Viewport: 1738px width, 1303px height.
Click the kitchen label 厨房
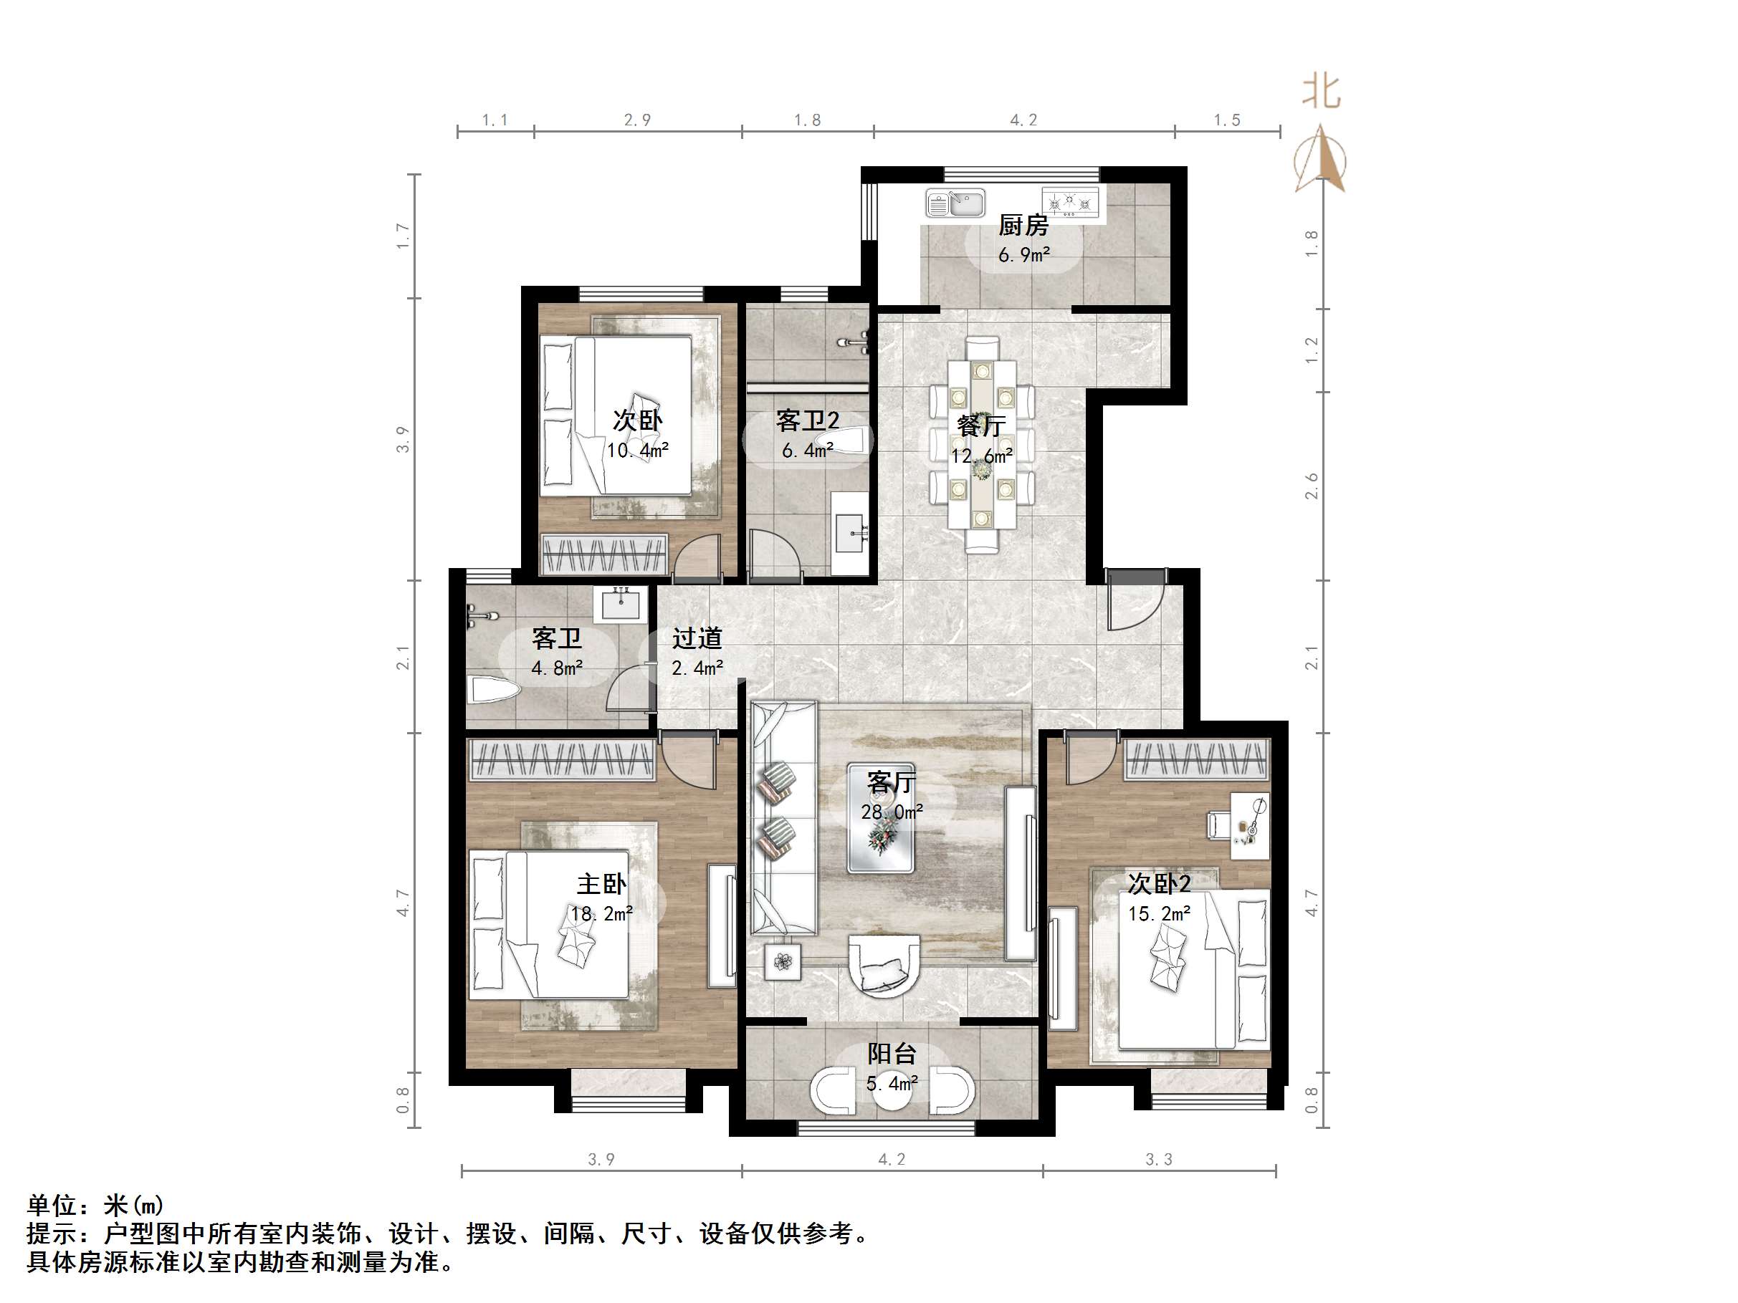(1023, 226)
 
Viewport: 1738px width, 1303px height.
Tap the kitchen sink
(955, 203)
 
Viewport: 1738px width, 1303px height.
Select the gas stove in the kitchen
(1069, 202)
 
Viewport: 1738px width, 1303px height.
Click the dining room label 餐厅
(981, 426)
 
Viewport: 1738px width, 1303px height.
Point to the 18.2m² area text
(602, 914)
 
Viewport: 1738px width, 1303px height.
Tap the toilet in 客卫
(493, 691)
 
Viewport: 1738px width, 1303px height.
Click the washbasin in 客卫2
(850, 534)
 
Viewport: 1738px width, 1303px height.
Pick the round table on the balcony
(892, 1090)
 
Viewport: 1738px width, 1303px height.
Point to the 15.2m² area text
(1160, 914)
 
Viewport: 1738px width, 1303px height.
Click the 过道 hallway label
(697, 638)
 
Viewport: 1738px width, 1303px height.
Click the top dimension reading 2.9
(637, 120)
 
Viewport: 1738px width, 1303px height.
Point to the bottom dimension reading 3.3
(1159, 1159)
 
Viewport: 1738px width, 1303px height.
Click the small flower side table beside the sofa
(783, 961)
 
